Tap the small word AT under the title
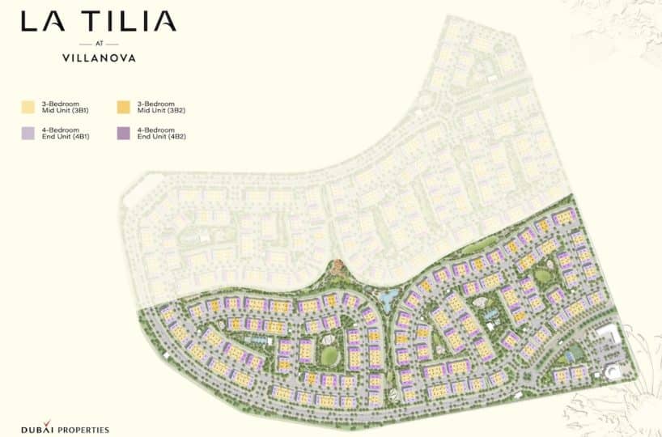tap(99, 44)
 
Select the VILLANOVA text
tap(99, 58)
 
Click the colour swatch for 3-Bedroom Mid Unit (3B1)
tap(28, 107)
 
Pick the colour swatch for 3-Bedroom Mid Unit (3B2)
tap(124, 107)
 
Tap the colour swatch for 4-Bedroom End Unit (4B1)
tap(28, 134)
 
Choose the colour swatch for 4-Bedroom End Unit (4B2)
tap(124, 134)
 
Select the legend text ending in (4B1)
tap(66, 134)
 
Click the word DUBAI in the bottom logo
tap(36, 429)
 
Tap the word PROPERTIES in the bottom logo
tap(83, 429)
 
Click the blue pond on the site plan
tap(388, 299)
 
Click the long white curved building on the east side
tap(608, 335)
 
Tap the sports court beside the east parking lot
tap(574, 354)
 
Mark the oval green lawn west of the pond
tap(331, 355)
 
